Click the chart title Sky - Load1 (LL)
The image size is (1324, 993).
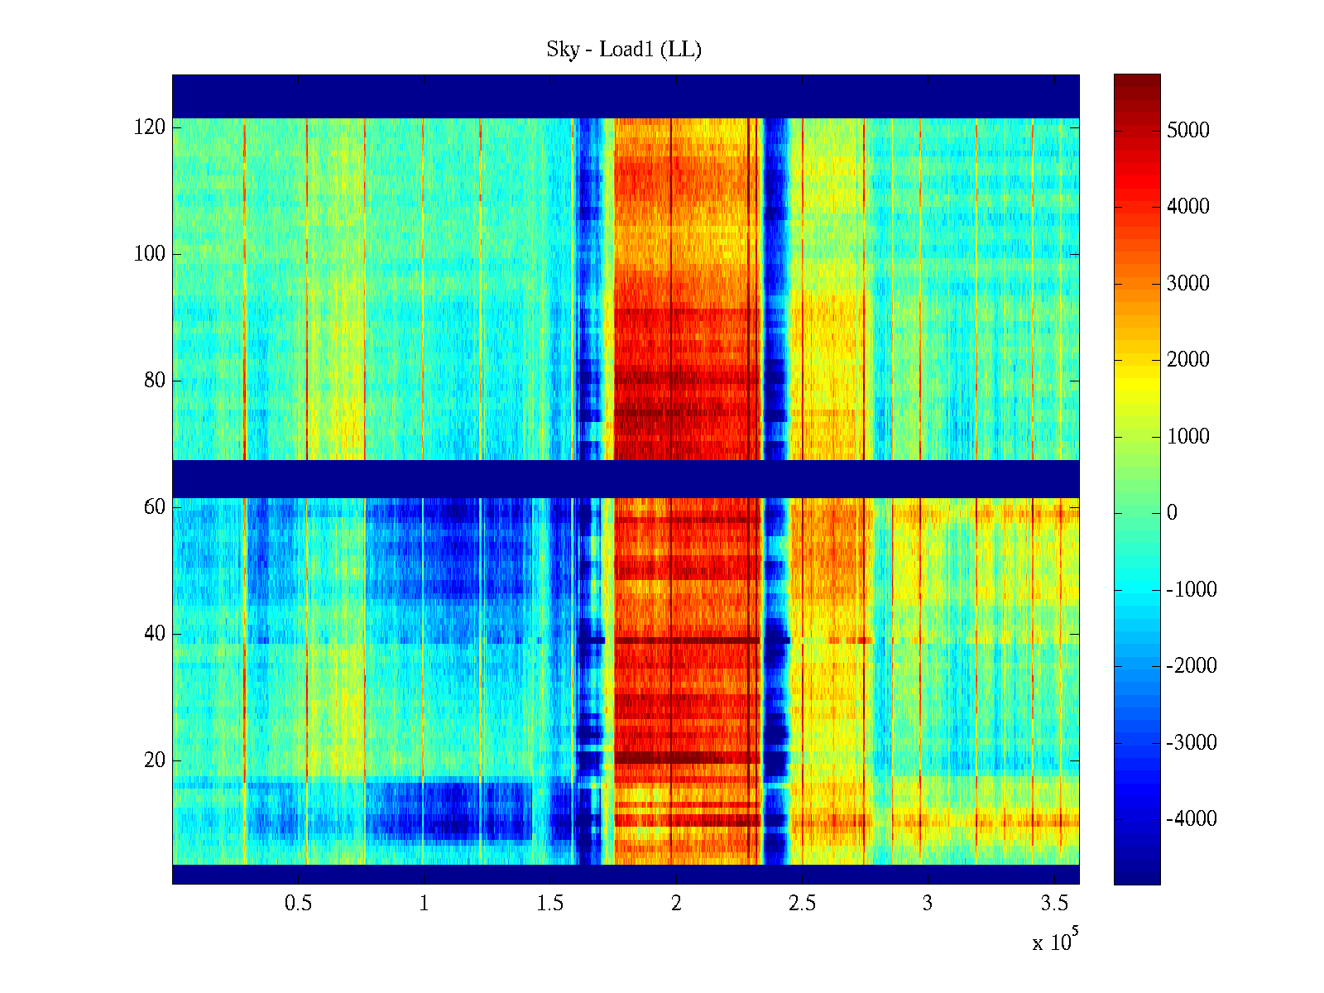tap(624, 50)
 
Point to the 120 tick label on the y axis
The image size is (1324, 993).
tap(150, 127)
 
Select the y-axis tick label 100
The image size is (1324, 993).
tap(150, 254)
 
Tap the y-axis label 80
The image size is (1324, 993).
tap(155, 381)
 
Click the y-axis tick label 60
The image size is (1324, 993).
tap(155, 507)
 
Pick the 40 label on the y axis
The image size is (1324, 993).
tap(155, 634)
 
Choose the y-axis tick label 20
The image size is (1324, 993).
tap(155, 760)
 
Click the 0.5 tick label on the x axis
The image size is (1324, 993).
tap(299, 904)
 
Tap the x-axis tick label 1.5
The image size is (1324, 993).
tap(550, 904)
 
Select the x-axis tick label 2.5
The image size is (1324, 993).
tap(802, 904)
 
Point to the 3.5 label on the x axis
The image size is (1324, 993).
tap(1053, 904)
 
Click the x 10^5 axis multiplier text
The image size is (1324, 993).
tap(1055, 942)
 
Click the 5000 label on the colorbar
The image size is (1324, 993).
tap(1188, 131)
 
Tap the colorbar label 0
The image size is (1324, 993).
tap(1172, 513)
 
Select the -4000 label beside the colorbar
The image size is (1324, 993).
tap(1192, 819)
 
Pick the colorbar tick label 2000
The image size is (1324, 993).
tap(1188, 360)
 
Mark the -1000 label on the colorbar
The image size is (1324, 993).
tap(1192, 590)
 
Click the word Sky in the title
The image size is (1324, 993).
tap(563, 50)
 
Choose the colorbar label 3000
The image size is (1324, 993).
tap(1188, 284)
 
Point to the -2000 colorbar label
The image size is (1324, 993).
tap(1192, 666)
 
